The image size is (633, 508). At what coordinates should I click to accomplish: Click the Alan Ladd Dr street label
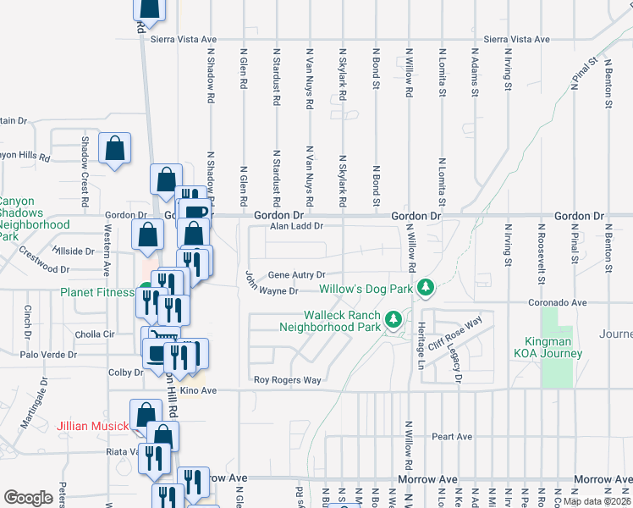tap(296, 226)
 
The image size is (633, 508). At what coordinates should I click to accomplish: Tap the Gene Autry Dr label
tap(297, 275)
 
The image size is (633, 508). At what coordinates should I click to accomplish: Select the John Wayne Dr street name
tap(272, 284)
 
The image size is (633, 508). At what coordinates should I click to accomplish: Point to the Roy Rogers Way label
tap(288, 380)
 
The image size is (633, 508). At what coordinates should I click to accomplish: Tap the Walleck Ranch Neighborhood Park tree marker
tap(392, 320)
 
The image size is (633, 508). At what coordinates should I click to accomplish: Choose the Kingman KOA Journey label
tap(548, 347)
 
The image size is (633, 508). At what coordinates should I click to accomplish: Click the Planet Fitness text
tap(97, 293)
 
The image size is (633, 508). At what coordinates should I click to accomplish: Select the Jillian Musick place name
tap(92, 426)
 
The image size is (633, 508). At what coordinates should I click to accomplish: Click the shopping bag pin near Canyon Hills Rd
tap(114, 148)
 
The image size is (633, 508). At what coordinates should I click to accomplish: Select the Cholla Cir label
tap(96, 334)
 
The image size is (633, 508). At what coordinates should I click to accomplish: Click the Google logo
tap(30, 498)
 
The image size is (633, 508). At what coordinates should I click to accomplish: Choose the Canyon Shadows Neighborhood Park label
tap(35, 219)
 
